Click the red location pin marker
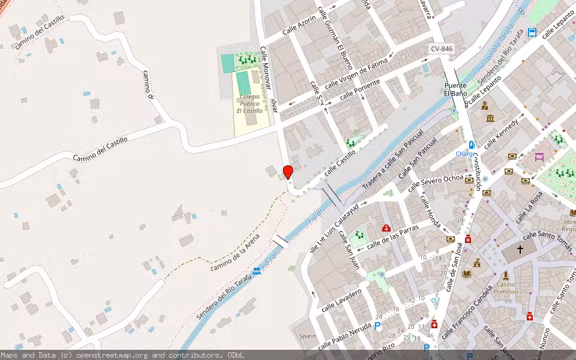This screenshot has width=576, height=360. pos(288,172)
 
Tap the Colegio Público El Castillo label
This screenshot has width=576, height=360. pos(250,103)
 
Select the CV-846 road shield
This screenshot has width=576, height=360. pos(442,48)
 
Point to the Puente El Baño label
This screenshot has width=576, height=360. pos(455,89)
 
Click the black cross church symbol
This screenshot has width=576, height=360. pos(520,248)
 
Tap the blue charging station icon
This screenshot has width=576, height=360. pos(472,145)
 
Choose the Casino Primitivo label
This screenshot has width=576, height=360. pos(506,287)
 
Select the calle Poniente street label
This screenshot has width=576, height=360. pos(359,90)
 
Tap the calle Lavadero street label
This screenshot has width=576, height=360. pos(341,299)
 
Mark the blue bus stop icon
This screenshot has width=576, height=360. pos(532,32)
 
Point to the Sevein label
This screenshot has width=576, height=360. pos(307,336)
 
